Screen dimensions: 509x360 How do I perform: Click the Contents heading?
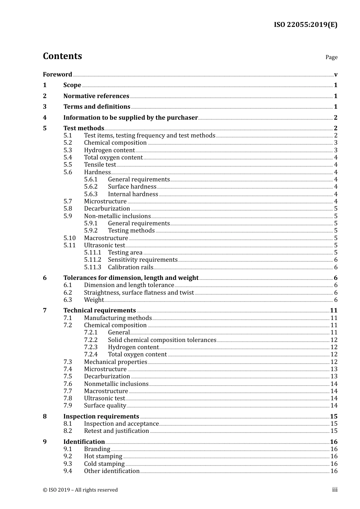point(62,56)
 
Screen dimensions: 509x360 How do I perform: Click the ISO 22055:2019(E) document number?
point(305,25)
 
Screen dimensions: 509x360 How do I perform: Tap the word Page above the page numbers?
point(331,57)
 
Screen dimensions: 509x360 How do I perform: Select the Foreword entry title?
point(57,75)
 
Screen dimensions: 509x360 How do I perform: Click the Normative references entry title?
point(96,96)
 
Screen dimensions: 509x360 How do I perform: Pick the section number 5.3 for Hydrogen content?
point(67,150)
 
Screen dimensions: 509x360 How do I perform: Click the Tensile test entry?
point(100,165)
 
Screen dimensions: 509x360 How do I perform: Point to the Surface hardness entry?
point(132,187)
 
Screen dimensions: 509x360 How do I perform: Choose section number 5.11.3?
point(92,267)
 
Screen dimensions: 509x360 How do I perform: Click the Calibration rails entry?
point(130,267)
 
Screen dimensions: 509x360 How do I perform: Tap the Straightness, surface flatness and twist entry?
point(139,293)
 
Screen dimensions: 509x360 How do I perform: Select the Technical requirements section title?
point(99,311)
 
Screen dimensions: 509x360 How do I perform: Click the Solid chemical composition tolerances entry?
point(162,340)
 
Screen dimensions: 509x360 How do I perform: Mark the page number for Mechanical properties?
point(334,362)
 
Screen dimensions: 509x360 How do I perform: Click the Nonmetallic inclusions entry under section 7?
point(116,384)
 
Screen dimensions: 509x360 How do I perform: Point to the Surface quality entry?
point(105,406)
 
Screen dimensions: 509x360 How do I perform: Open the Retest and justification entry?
point(116,431)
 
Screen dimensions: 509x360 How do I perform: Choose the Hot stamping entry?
point(103,456)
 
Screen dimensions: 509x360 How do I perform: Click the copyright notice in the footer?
point(80,490)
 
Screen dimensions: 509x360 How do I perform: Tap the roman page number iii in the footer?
point(335,490)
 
